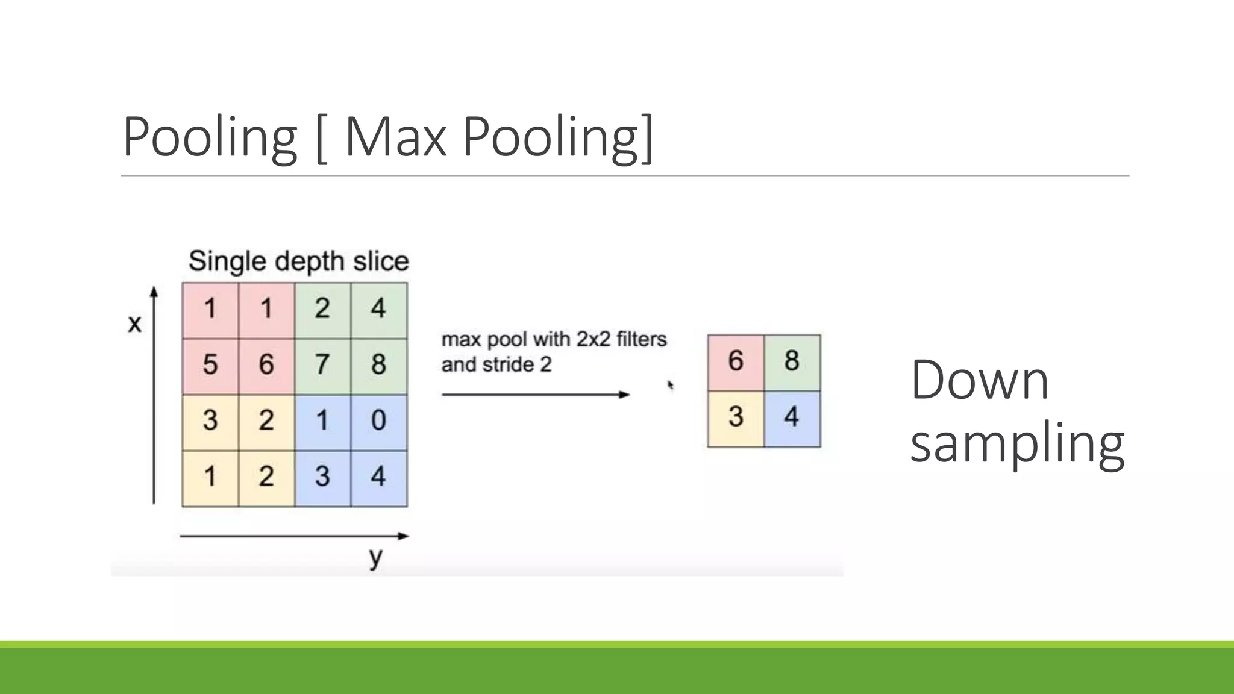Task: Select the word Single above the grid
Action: coord(227,261)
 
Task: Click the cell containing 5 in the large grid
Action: coord(210,364)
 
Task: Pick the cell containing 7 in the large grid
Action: coord(322,364)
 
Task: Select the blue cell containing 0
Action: coord(378,420)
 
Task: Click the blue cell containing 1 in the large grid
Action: coord(322,420)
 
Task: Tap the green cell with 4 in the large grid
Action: coord(378,308)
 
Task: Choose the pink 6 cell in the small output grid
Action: coord(736,361)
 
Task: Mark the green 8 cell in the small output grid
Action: coord(792,361)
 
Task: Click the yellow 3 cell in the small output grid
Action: coord(736,417)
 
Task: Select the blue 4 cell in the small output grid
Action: coord(792,417)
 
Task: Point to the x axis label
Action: coord(135,324)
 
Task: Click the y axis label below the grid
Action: coord(376,557)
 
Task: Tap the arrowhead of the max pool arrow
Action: coord(625,395)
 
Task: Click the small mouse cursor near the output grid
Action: coord(670,384)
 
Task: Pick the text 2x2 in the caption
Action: coord(593,340)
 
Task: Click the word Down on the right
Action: coord(980,381)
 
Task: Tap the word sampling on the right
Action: coord(1017,445)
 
